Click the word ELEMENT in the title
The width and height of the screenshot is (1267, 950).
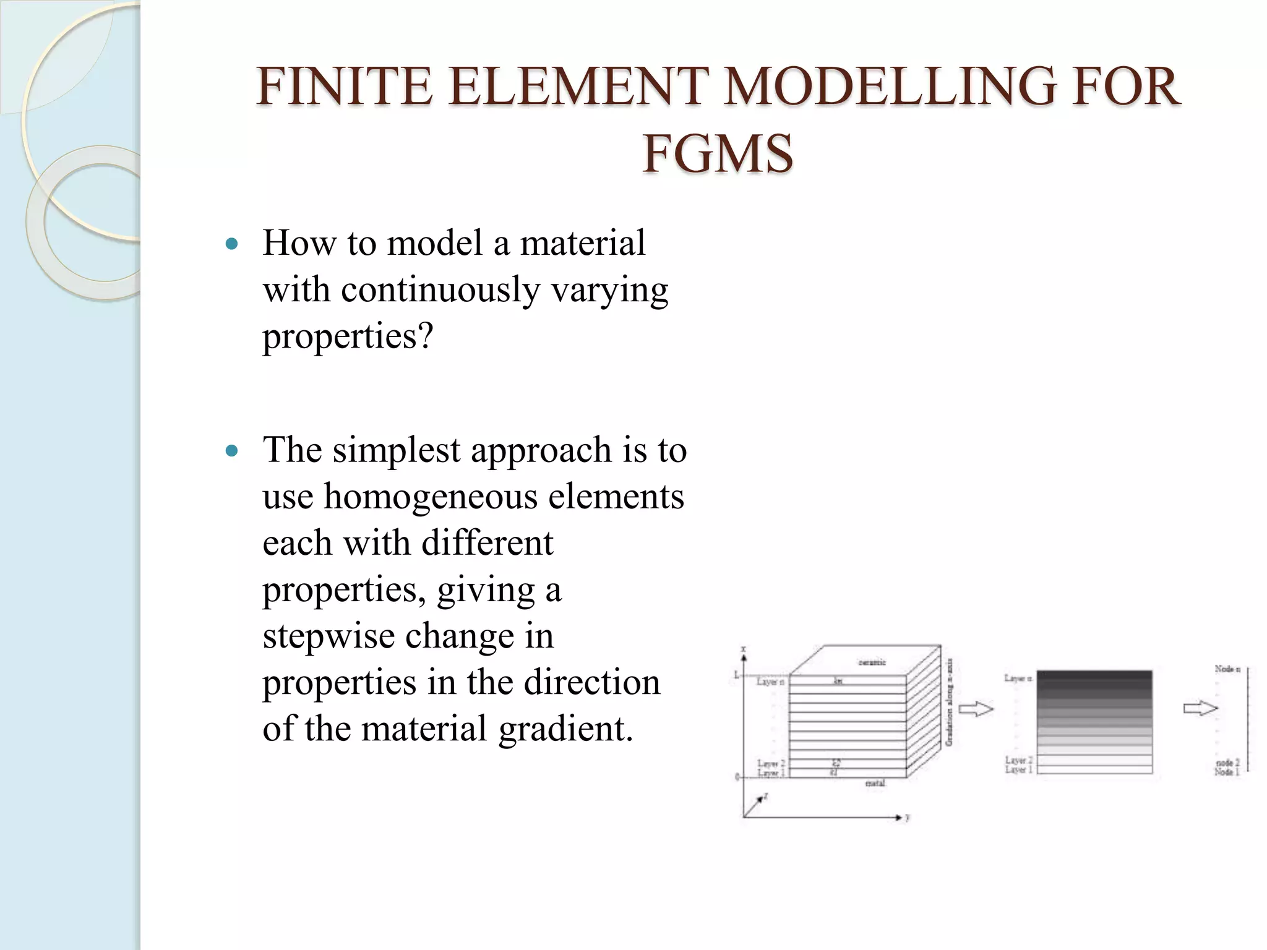click(578, 87)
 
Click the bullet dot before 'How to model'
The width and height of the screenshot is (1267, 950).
click(232, 244)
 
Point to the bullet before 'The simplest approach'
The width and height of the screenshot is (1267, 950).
click(232, 451)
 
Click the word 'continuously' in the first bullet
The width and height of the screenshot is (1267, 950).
click(440, 289)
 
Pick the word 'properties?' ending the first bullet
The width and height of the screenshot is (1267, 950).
click(348, 336)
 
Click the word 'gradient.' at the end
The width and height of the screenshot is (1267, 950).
click(566, 729)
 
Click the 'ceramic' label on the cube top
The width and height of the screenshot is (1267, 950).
click(872, 662)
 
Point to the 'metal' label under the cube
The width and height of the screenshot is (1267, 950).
click(875, 783)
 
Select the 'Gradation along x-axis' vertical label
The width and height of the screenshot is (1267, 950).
click(949, 702)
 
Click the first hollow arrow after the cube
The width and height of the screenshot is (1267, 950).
click(976, 709)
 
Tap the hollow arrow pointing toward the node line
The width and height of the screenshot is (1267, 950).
click(1200, 709)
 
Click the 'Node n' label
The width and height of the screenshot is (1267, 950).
click(1227, 669)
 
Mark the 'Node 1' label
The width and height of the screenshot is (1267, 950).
click(1227, 772)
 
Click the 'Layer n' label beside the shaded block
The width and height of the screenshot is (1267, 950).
click(1018, 678)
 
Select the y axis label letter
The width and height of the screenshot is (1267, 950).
click(908, 818)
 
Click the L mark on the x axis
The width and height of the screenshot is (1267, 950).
click(737, 675)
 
